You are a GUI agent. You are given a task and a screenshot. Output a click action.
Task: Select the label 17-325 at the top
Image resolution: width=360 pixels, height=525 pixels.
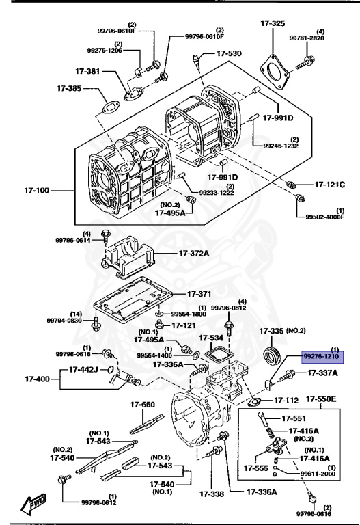coord(273,24)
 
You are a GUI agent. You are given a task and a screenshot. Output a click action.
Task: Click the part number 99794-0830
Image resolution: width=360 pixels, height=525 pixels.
coord(64,320)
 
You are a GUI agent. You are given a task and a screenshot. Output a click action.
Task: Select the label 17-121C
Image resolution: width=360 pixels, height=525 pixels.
coord(331,185)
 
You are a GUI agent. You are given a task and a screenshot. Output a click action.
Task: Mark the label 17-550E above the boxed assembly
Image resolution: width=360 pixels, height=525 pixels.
coord(322,399)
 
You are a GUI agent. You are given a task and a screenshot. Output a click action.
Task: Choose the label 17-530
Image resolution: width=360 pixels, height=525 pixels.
coord(229,53)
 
